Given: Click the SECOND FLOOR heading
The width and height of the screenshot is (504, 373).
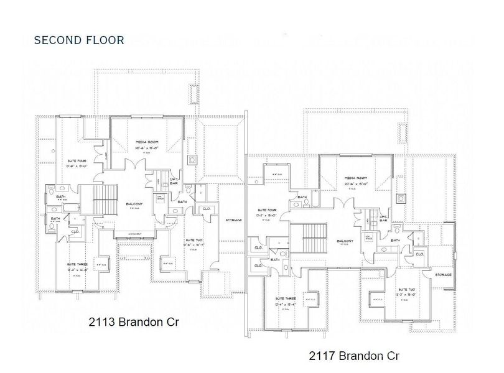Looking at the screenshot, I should click(79, 40).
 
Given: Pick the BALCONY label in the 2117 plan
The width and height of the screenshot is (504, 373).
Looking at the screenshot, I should click(347, 240).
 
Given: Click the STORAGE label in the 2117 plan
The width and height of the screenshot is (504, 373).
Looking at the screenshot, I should click(443, 274).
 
